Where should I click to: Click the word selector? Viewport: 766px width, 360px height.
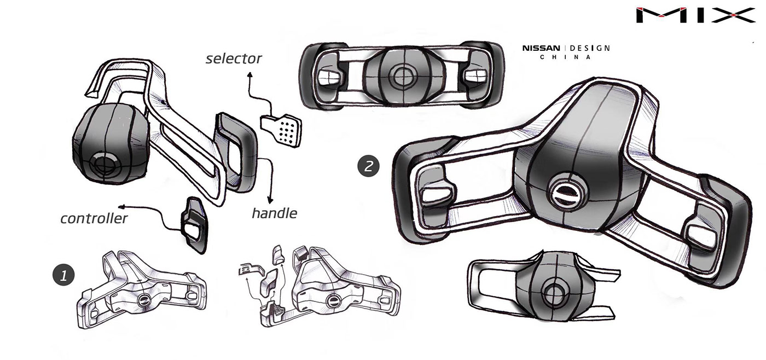[x=234, y=58]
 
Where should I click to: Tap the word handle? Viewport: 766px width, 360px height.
[x=274, y=212]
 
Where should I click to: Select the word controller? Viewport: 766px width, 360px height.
[x=94, y=219]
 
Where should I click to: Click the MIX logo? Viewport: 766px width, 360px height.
[x=695, y=15]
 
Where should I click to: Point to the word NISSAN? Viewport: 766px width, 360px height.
[x=541, y=48]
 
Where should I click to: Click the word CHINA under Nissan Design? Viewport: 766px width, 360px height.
[x=566, y=57]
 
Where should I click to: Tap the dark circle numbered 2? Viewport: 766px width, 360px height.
[x=368, y=166]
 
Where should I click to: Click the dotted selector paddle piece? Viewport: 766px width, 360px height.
[x=282, y=129]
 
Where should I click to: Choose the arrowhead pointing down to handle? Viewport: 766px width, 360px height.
[x=270, y=200]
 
